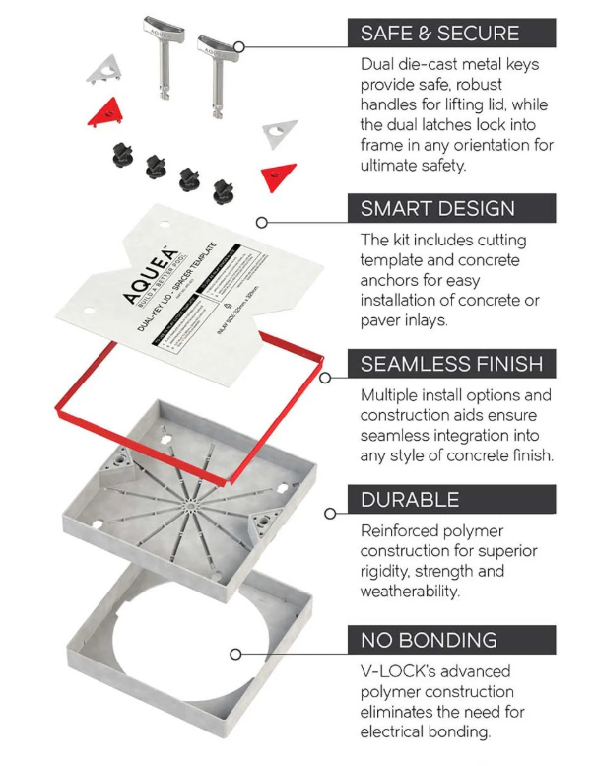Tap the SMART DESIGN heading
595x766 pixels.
[x=437, y=208]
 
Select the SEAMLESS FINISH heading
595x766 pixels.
[x=451, y=364]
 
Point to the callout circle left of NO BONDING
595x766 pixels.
[x=234, y=654]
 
